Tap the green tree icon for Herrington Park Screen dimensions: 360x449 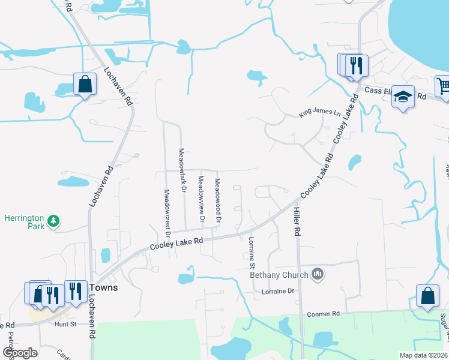(54, 222)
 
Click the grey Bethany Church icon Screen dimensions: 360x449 (318, 275)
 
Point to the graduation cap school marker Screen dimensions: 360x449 (403, 96)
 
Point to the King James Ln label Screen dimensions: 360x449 (316, 114)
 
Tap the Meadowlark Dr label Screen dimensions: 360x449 (184, 170)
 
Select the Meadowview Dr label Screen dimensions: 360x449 (201, 200)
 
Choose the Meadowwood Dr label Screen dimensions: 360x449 (218, 201)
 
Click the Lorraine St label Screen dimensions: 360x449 (252, 252)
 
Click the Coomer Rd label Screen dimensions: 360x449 (323, 314)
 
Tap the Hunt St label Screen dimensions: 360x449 (65, 325)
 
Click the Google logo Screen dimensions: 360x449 (20, 352)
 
